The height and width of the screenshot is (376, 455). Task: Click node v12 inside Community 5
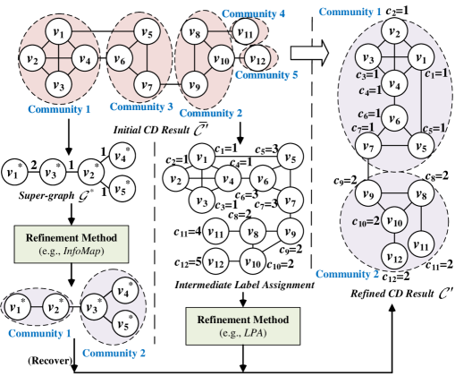256,60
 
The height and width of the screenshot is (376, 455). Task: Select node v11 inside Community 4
243,32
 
